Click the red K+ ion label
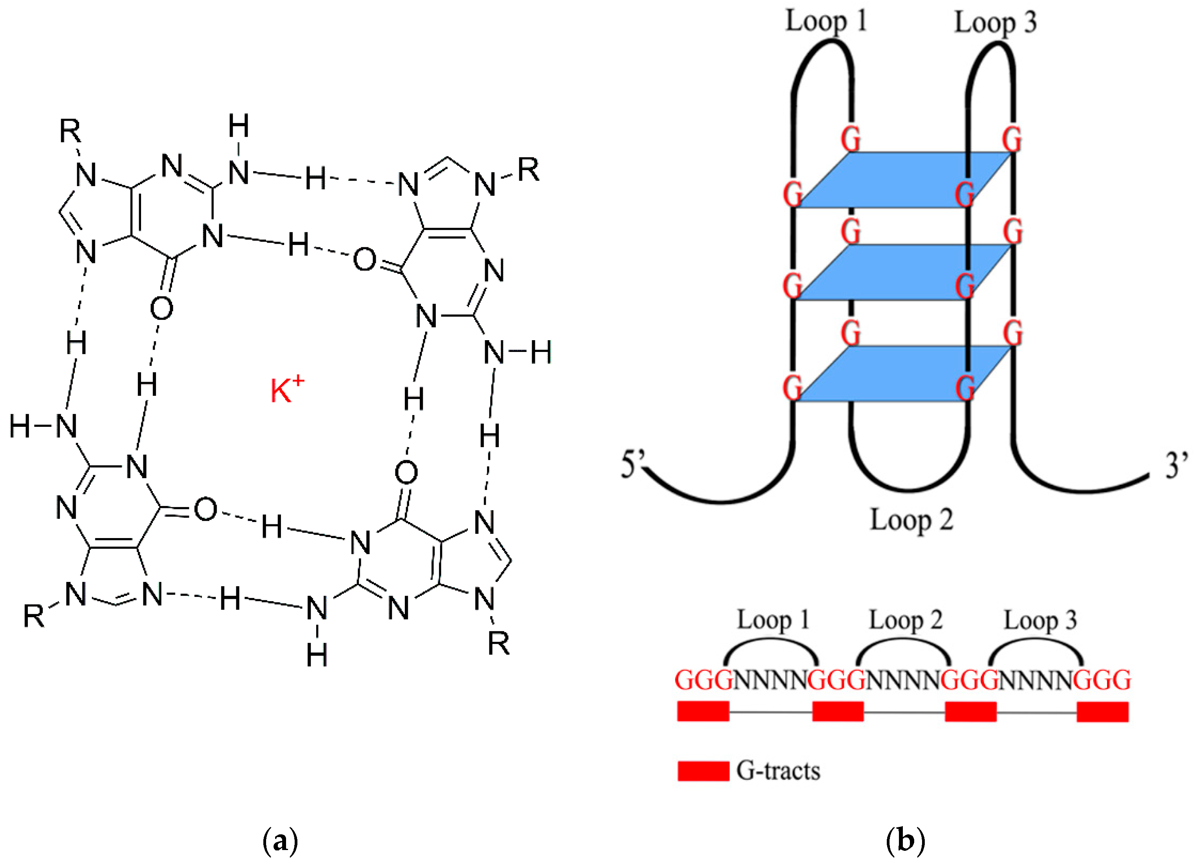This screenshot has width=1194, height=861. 287,390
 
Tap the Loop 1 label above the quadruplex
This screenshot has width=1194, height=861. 826,22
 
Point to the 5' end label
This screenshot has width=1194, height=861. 633,464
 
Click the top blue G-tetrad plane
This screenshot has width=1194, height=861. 904,180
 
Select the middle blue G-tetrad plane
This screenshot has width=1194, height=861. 904,272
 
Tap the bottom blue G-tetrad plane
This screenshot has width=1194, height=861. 904,374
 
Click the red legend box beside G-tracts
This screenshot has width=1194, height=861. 703,771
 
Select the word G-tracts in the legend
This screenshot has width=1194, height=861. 778,771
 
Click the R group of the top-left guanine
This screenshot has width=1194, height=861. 70,131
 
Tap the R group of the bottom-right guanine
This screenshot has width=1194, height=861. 498,643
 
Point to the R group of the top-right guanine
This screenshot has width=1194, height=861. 529,170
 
